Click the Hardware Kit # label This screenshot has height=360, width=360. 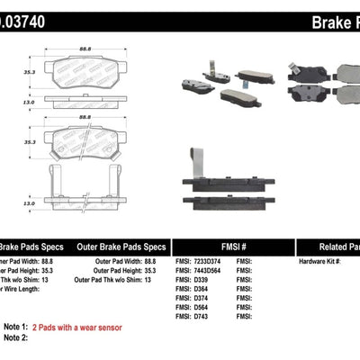319,262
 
